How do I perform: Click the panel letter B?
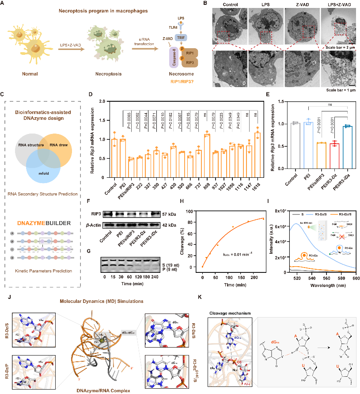[205, 4]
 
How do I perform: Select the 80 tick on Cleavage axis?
[190, 222]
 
